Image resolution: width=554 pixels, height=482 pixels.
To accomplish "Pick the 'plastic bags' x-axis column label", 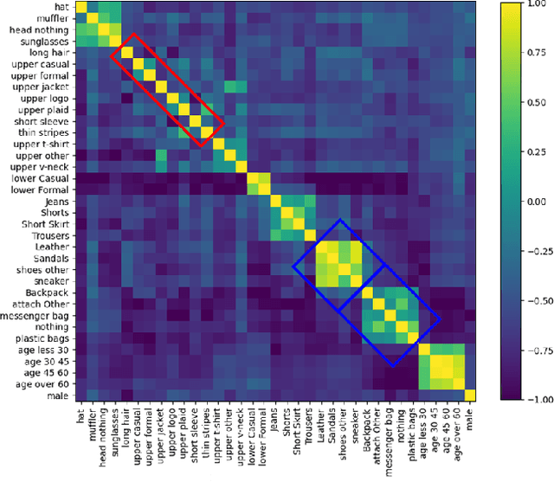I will [414, 433].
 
